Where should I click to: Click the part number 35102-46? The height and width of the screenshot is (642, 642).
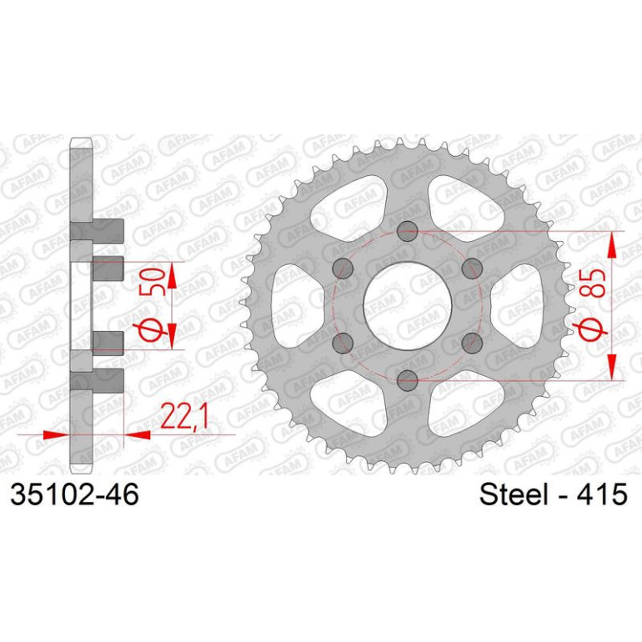74,494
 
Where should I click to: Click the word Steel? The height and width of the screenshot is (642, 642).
514,494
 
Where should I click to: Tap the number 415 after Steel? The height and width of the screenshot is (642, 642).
602,494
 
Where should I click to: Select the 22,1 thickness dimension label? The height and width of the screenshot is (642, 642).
185,415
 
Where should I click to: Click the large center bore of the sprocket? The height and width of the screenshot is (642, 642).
408,305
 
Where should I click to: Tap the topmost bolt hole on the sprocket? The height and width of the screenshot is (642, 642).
408,230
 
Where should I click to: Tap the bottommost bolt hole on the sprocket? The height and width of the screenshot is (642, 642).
408,380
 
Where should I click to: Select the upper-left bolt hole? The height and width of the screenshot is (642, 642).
344,268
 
